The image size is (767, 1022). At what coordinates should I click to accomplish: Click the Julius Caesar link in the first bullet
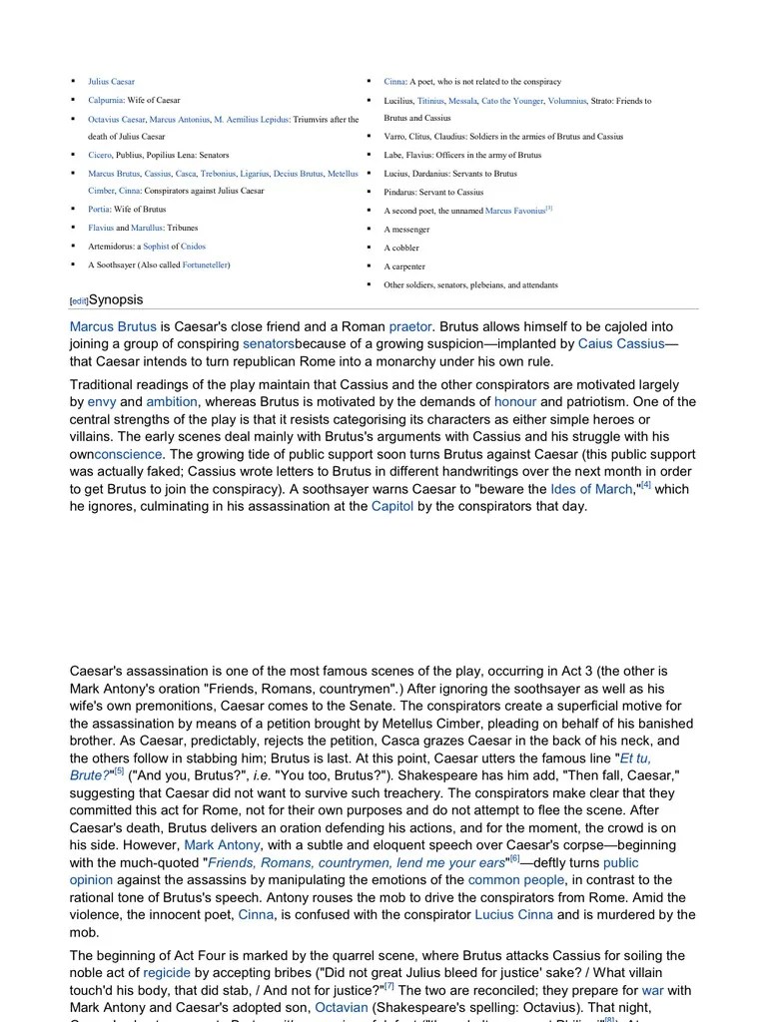[111, 82]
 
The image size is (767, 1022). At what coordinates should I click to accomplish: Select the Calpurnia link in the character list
[106, 101]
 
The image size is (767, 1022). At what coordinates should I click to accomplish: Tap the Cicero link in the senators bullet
[100, 156]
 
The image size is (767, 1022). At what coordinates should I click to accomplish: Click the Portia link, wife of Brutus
[99, 210]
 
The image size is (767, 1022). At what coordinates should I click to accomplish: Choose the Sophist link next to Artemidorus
[156, 247]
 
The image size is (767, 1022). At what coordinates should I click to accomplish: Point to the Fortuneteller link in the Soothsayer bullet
[205, 265]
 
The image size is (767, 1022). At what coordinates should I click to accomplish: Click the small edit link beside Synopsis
[79, 301]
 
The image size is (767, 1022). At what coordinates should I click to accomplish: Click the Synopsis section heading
[116, 300]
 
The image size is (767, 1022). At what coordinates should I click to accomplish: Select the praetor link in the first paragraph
[410, 326]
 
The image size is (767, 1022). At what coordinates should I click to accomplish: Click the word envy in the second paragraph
[102, 402]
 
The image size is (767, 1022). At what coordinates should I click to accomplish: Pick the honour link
[515, 402]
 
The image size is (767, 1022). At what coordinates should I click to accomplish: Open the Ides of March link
[591, 489]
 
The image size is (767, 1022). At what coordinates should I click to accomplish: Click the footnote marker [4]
[645, 486]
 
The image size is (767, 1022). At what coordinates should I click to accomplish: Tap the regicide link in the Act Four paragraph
[167, 972]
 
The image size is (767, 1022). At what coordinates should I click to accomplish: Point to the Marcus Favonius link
[515, 212]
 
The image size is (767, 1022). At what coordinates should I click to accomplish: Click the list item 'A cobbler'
[401, 249]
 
